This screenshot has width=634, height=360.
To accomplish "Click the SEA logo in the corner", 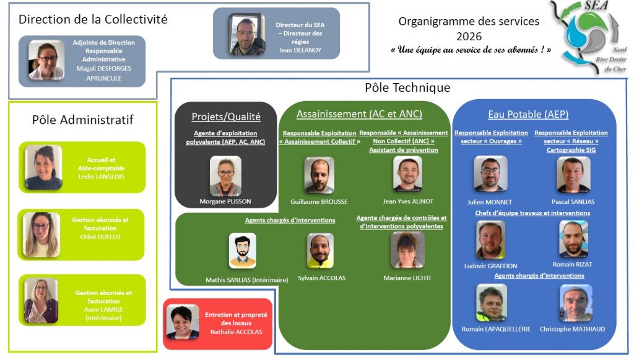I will coord(588,37).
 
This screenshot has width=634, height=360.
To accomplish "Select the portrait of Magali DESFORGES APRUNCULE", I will coord(46,61).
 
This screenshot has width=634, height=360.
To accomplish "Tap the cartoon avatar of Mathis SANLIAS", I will coord(242,250).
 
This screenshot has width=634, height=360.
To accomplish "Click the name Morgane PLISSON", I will coord(225,202).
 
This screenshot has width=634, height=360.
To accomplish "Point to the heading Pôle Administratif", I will coord(82,120).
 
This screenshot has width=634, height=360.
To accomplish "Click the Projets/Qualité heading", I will coord(226,116).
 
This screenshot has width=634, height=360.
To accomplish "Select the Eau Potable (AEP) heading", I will coord(528,114).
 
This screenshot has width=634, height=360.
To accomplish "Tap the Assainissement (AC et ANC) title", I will coord(359,114).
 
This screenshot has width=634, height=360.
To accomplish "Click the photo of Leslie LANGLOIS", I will coord(43,167).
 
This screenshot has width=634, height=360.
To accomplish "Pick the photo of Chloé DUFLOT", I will coord(42,235).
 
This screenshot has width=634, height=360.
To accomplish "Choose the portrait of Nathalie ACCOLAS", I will coord(183,322).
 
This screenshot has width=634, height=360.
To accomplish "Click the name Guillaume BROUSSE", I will coord(319,202).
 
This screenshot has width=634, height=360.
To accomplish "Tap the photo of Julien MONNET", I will coord(490,174).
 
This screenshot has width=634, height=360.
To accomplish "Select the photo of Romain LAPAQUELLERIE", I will coord(492,303).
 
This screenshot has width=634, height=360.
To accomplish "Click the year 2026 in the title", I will coord(469,37).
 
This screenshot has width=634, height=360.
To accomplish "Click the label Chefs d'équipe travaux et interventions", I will coord(532,213).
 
